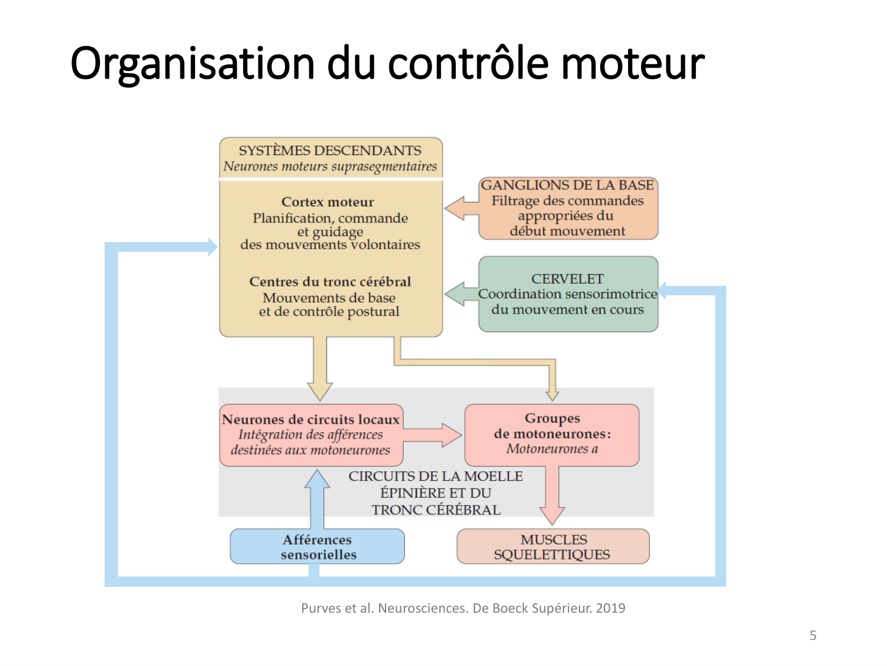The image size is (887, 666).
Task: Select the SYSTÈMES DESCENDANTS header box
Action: coord(331,157)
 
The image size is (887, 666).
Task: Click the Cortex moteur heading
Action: coord(328,202)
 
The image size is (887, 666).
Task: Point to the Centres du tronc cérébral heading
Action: coord(330,281)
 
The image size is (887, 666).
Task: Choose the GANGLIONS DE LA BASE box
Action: coord(568,208)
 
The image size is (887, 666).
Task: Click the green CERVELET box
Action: coord(568,294)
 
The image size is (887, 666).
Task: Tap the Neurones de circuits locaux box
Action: coord(311,435)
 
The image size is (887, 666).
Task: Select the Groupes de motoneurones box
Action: coord(552,434)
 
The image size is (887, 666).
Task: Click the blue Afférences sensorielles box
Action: coord(318,546)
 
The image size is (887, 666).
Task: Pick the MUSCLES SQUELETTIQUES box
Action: coord(553,546)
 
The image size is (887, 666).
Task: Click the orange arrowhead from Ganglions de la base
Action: coord(455,208)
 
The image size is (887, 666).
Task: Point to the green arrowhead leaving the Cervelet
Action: coord(455,294)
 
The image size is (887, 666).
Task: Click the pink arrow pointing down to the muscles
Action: coord(552,503)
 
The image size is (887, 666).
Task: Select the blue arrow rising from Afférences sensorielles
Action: coord(318,497)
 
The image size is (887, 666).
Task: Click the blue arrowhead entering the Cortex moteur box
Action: coord(212,247)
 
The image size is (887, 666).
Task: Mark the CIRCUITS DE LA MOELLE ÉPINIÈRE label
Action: coord(436,493)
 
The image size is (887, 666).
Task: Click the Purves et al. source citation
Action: coord(463,608)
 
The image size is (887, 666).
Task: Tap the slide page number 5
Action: coord(813,635)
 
